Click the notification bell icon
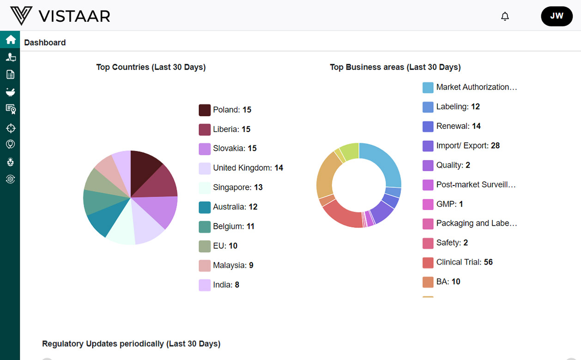coord(505,17)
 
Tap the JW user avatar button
coord(557,16)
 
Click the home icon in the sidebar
coord(10,40)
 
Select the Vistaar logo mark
coord(21,16)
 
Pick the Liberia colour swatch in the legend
coord(205,130)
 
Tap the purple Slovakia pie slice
coord(159,210)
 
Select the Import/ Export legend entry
coord(467,146)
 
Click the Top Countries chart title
coord(151,67)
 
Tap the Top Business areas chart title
coord(395,67)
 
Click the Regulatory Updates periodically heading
coord(131,344)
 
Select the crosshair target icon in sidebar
coord(10,128)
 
